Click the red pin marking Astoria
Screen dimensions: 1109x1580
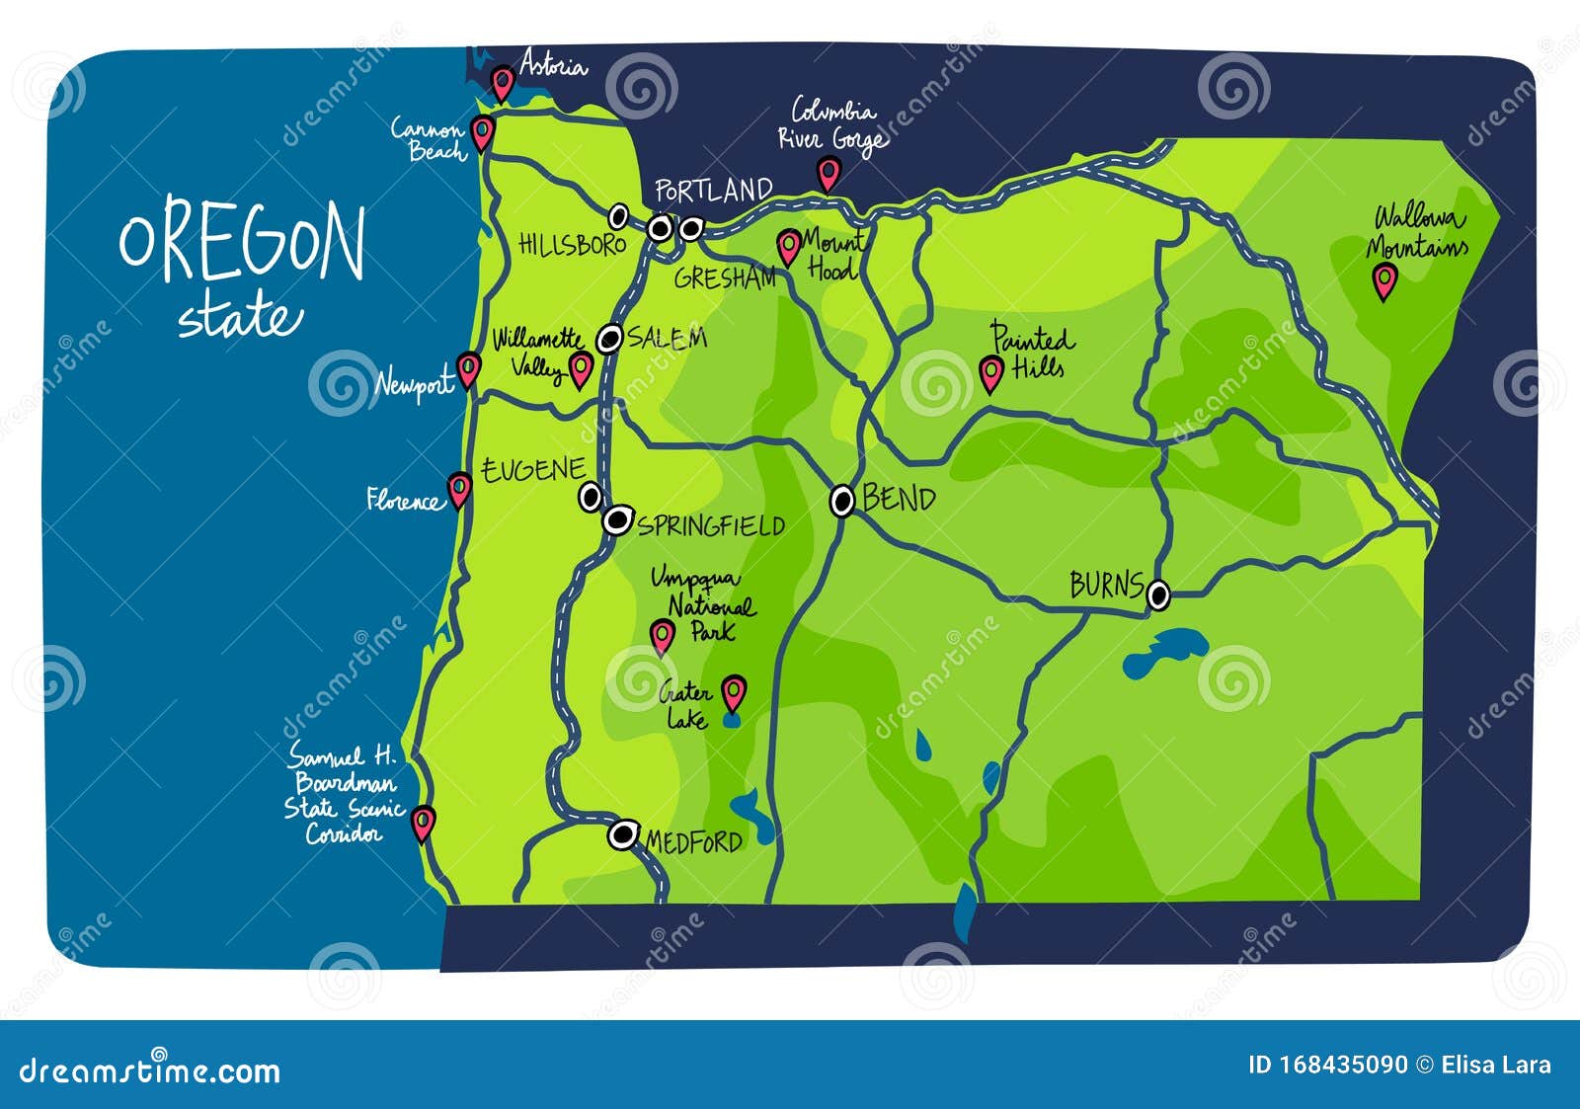pos(503,81)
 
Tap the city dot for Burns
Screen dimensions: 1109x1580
pos(1159,594)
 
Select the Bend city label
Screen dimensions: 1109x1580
pos(899,499)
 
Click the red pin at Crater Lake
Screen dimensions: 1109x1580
pos(733,690)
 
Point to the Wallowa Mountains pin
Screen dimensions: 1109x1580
pos(1385,279)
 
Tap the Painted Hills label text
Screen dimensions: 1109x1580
pos(1032,353)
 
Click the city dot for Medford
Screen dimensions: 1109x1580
pos(622,835)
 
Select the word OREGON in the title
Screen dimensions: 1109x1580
pos(242,242)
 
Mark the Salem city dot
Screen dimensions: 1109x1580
pos(610,340)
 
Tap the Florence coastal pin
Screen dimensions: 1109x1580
pos(459,487)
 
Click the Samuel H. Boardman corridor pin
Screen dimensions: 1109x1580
pos(423,821)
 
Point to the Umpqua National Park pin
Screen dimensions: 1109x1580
pos(663,634)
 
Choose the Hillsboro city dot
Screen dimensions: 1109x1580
pos(618,215)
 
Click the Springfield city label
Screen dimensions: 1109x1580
pos(711,525)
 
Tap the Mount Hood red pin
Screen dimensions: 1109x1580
pos(788,245)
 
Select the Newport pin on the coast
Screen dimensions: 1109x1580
pos(468,368)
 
